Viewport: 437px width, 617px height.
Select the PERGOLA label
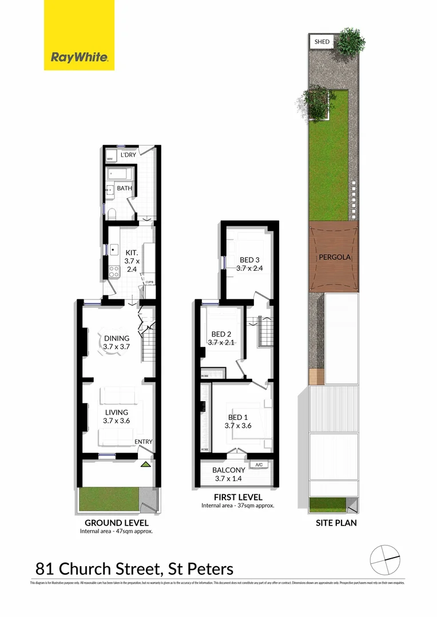pyautogui.click(x=335, y=258)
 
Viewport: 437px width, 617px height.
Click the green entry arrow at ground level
pyautogui.click(x=146, y=464)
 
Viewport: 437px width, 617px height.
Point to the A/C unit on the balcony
pyautogui.click(x=259, y=464)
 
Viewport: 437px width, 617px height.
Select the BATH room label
pyautogui.click(x=124, y=188)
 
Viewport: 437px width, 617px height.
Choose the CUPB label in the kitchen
pyautogui.click(x=149, y=282)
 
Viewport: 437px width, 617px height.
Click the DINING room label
pyautogui.click(x=117, y=338)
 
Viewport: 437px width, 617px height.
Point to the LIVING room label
pyautogui.click(x=116, y=412)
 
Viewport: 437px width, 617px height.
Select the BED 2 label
pyautogui.click(x=221, y=334)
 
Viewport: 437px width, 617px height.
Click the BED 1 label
pyautogui.click(x=237, y=418)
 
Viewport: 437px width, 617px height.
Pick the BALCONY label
pyautogui.click(x=229, y=470)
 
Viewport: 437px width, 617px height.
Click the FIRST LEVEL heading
pyautogui.click(x=237, y=497)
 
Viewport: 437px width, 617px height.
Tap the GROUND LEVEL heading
pyautogui.click(x=117, y=523)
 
